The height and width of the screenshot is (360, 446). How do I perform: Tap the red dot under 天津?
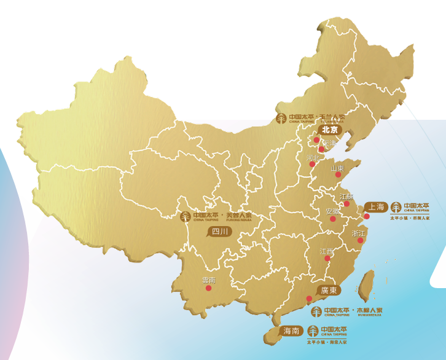[321, 149]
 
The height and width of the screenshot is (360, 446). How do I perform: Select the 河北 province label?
[313, 158]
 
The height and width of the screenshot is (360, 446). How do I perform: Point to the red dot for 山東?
[337, 175]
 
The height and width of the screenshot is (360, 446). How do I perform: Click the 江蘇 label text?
[346, 197]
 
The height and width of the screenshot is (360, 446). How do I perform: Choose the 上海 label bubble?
[375, 206]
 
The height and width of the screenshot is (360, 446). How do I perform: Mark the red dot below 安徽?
[332, 218]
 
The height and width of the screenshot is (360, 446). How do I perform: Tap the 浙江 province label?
[358, 234]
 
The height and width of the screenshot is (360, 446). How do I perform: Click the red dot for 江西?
[327, 259]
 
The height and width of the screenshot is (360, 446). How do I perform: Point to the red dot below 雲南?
[208, 288]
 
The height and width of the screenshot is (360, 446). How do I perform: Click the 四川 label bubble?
[220, 232]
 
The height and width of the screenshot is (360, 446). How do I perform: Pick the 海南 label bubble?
[292, 331]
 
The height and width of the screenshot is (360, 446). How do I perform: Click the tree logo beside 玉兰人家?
[281, 117]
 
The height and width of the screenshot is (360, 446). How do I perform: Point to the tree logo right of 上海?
[396, 206]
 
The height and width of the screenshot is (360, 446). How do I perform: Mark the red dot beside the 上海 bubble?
[367, 216]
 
